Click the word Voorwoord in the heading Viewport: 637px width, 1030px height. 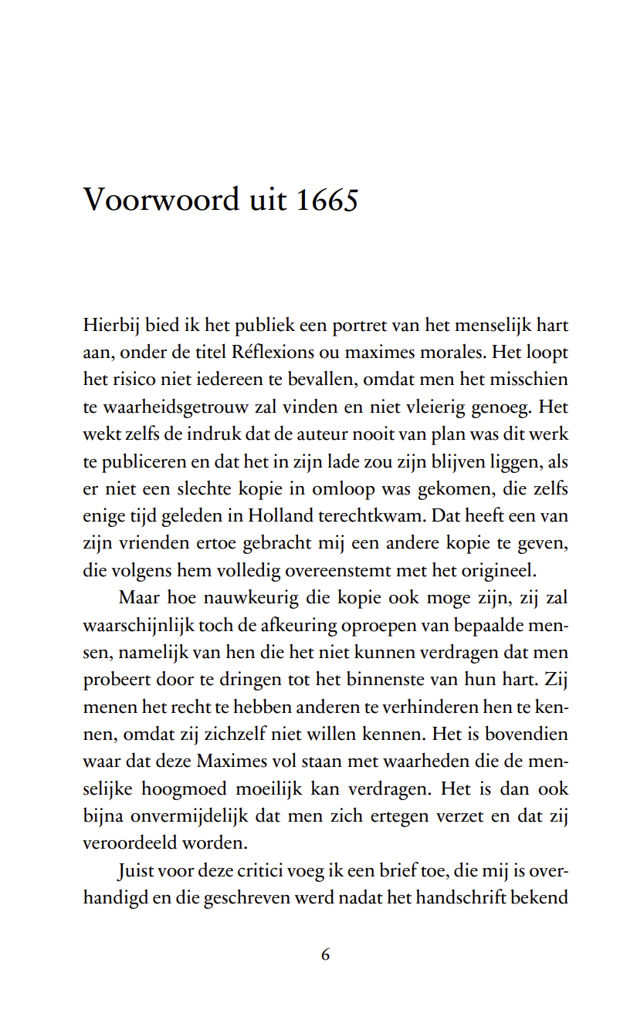[x=161, y=200]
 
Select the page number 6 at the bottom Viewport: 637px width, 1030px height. [x=325, y=954]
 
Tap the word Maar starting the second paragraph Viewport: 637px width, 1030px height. [x=136, y=598]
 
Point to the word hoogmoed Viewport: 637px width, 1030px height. [x=185, y=789]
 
